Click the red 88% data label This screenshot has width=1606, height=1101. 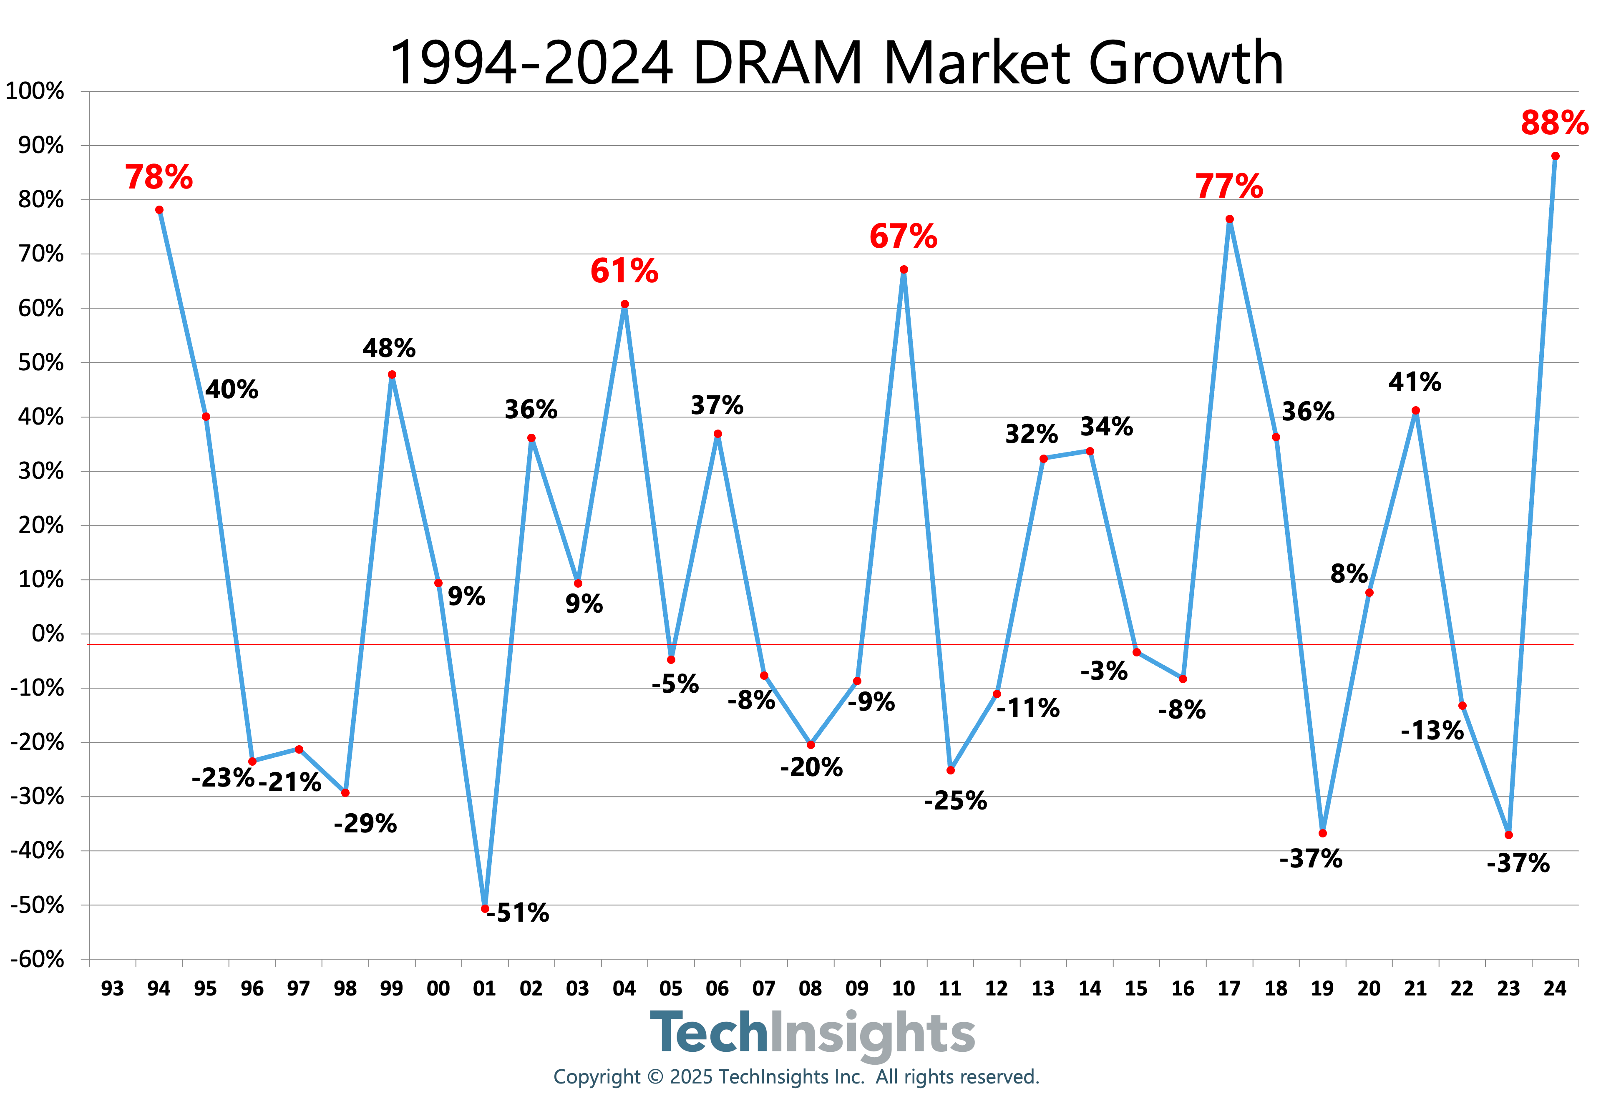point(1554,123)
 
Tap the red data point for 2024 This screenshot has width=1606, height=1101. point(1555,156)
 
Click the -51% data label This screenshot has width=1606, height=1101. point(518,913)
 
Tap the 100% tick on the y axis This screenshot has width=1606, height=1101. point(35,91)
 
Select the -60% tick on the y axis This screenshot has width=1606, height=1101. point(37,959)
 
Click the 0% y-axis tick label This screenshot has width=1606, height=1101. point(48,634)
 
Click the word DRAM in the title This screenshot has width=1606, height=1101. point(778,63)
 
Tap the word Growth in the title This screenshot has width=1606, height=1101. point(1186,63)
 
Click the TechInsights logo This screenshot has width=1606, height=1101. point(812,1033)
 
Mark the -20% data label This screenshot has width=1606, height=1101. point(811,767)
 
